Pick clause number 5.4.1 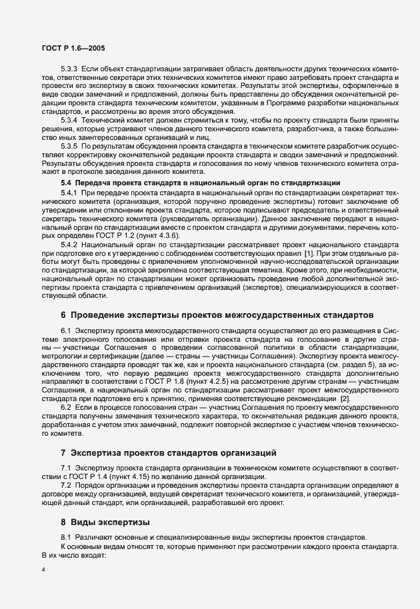tap(69, 192)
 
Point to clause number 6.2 tap(66, 406)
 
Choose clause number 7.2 tap(66, 486)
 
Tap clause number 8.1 tap(66, 537)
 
